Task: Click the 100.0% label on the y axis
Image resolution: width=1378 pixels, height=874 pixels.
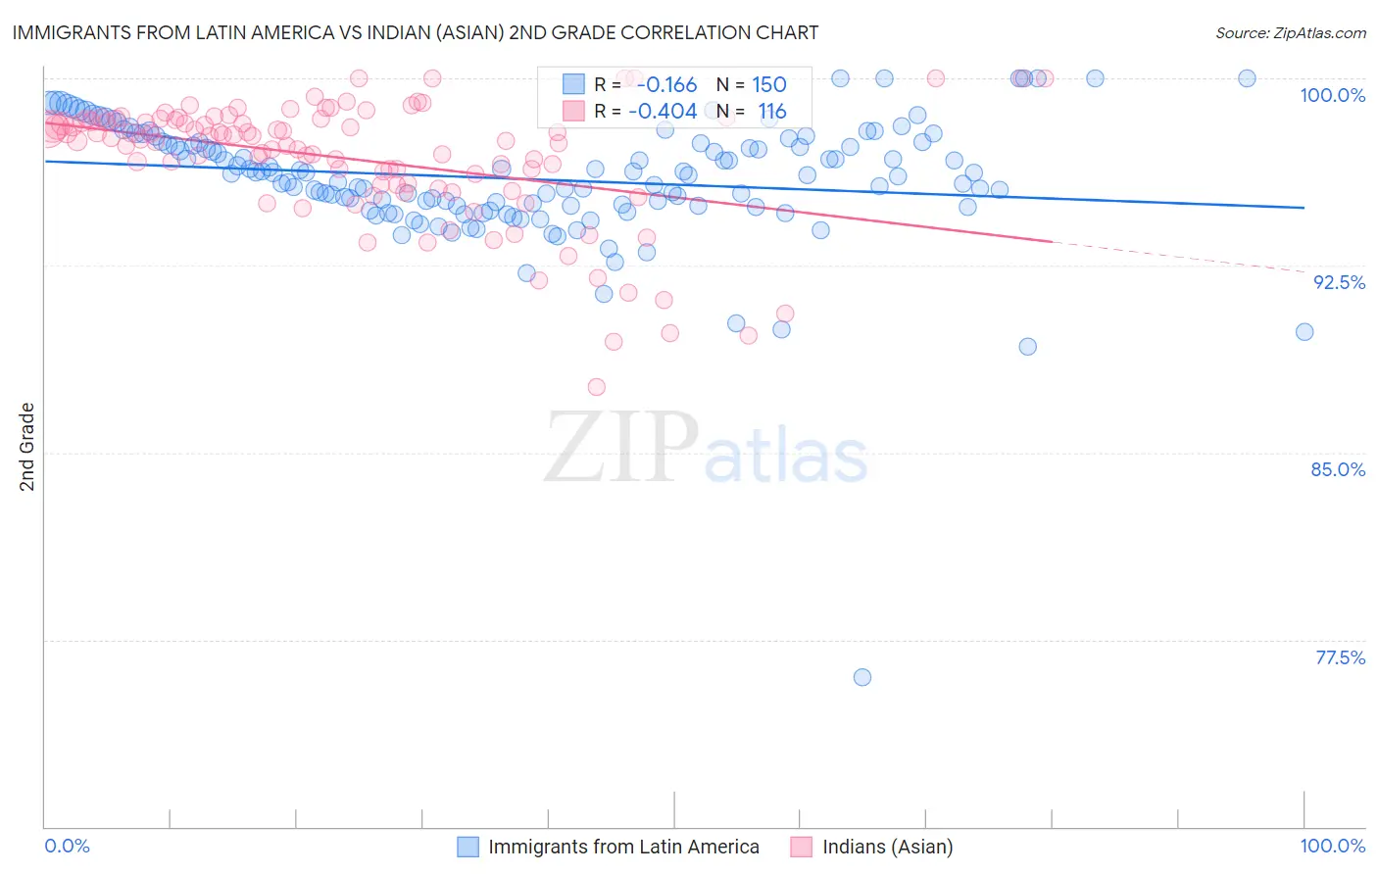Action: [1332, 95]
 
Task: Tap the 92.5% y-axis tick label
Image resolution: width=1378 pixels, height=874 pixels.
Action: [1339, 282]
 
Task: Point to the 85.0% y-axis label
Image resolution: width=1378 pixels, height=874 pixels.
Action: [1338, 469]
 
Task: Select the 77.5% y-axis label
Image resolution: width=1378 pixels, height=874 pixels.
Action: [1340, 657]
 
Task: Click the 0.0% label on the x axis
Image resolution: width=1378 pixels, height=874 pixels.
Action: [68, 846]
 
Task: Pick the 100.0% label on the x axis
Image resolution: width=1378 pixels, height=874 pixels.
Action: [1332, 846]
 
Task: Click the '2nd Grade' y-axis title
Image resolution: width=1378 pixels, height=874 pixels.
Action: [27, 447]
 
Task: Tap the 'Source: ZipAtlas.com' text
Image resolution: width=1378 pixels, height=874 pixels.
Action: [1290, 33]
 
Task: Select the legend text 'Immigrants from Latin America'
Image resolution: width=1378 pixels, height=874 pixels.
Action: [623, 847]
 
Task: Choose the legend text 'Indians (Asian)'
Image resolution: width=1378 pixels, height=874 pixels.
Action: [887, 847]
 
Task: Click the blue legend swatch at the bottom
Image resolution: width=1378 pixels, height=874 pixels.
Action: [468, 847]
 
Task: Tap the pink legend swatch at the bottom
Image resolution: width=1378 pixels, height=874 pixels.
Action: [802, 847]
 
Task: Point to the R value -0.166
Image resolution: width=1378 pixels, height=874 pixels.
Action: [666, 84]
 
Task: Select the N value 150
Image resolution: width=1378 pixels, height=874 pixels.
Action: [768, 84]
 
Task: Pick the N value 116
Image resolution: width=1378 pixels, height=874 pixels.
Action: [772, 112]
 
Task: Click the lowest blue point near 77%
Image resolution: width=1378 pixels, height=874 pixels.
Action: [862, 677]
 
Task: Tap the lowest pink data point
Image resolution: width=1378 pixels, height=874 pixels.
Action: [597, 387]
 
